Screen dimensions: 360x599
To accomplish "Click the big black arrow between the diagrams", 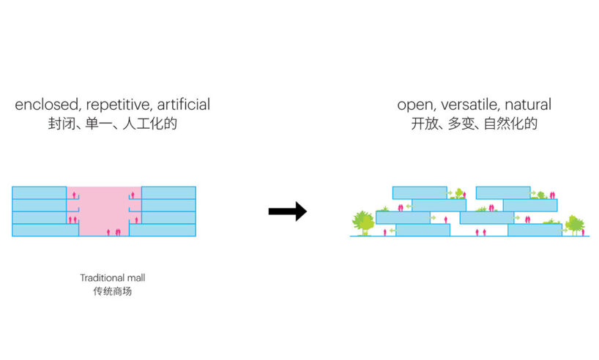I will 287,212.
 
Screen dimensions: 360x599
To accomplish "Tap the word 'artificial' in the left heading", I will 180,105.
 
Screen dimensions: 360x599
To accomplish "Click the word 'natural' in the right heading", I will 527,105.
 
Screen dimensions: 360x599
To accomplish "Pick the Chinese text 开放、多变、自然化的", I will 475,124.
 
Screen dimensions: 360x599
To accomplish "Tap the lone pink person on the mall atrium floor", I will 109,232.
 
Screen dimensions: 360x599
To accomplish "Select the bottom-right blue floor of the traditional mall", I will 163,230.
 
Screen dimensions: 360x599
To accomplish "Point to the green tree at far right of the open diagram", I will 573,223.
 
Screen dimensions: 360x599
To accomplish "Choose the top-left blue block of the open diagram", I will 419,192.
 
